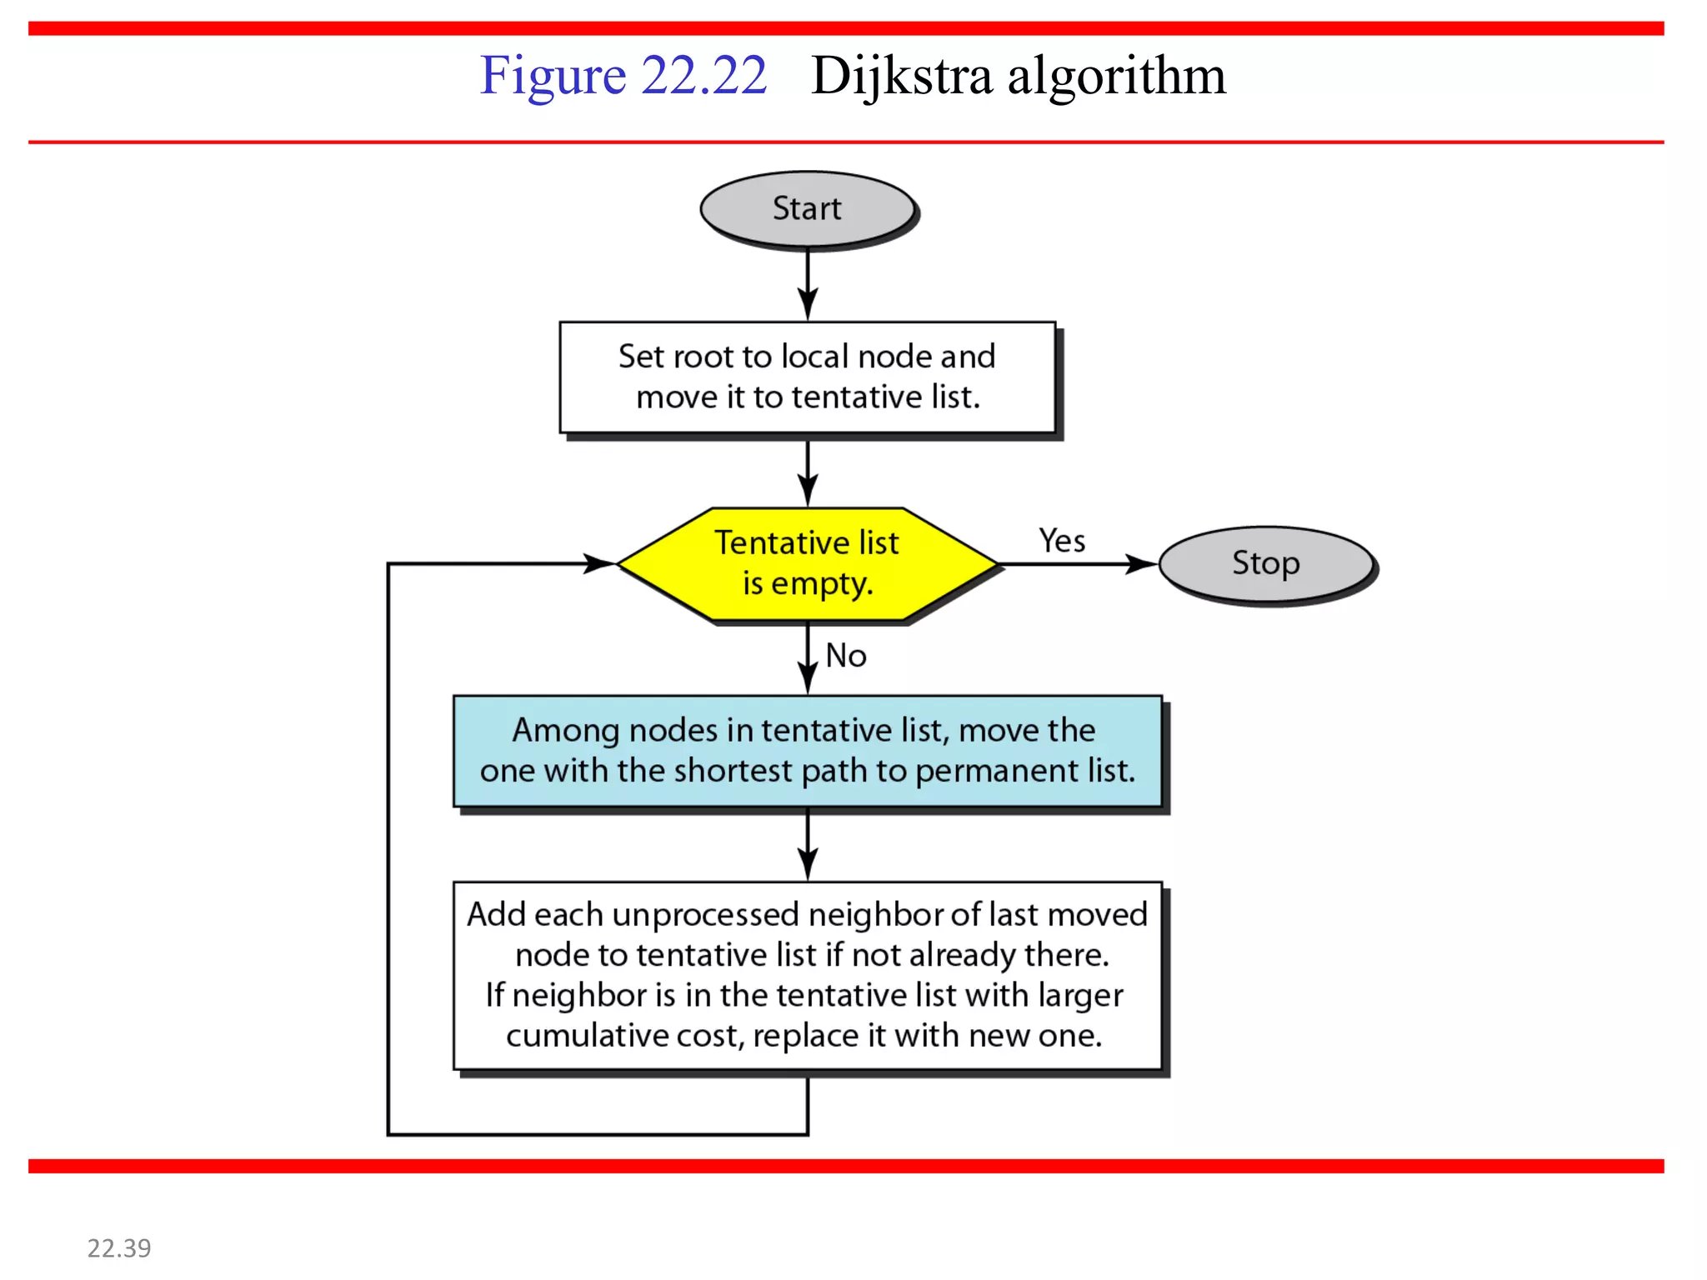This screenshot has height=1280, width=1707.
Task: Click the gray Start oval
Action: click(807, 208)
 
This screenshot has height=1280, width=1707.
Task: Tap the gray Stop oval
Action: click(1265, 563)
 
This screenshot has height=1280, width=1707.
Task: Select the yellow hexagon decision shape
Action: click(807, 563)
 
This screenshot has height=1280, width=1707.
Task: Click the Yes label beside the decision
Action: click(1062, 541)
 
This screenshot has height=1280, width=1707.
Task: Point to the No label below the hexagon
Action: click(846, 656)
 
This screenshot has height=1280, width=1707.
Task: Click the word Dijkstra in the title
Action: click(902, 76)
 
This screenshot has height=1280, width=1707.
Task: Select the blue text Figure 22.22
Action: click(623, 76)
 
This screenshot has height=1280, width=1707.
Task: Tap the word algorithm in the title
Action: click(1117, 76)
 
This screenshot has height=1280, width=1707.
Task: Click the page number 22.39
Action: click(119, 1247)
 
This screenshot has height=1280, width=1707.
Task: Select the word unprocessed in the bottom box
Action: click(705, 915)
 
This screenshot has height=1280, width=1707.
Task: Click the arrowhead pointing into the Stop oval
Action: click(1142, 564)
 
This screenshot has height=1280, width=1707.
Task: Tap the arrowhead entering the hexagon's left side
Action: click(598, 563)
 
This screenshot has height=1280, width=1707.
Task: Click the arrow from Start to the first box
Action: click(808, 283)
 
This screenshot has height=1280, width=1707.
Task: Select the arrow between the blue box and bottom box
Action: click(808, 845)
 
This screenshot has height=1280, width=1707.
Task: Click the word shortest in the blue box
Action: click(733, 771)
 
